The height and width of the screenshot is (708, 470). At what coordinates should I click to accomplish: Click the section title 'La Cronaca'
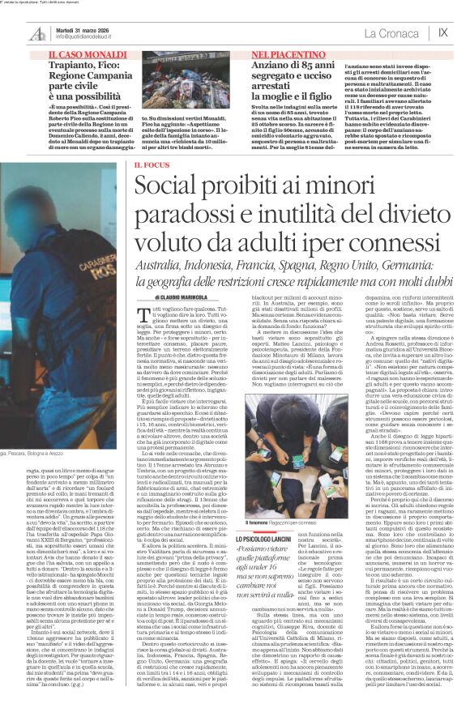coord(391,32)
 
